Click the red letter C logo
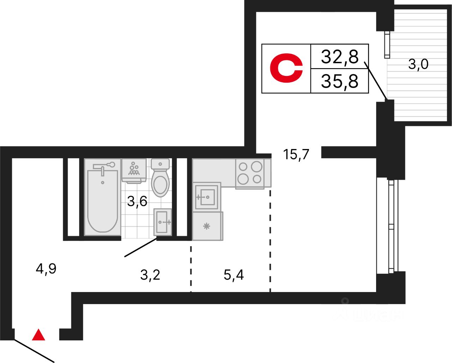click(286, 68)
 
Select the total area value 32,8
click(339, 56)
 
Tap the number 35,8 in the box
click(339, 81)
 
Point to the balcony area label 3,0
click(418, 64)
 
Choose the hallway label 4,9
click(46, 269)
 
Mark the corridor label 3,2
click(150, 275)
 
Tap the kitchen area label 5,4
click(234, 274)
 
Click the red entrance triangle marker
click(38, 335)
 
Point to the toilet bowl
click(160, 180)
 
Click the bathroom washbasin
click(163, 222)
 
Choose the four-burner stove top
click(250, 173)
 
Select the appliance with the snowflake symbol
click(207, 226)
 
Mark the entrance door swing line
click(34, 351)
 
